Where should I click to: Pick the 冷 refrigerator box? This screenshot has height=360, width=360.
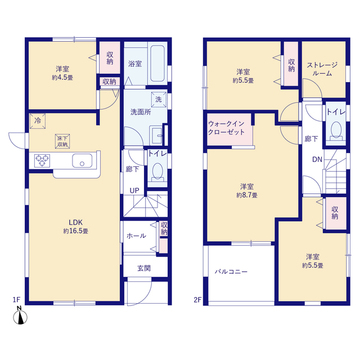pos(35,123)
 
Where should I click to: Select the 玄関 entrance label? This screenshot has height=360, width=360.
pos(144,267)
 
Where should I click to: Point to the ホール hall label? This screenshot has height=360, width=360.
pos(136,235)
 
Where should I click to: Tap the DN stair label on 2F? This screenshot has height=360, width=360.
pos(316,160)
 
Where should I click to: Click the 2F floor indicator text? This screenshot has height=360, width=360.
pos(197,298)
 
